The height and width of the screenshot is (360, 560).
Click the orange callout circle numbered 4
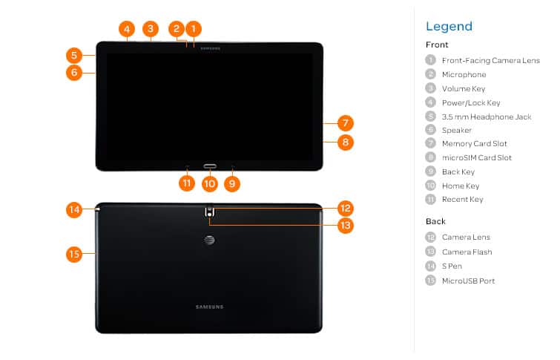click(127, 29)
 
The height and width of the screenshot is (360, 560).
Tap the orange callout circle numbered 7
click(346, 123)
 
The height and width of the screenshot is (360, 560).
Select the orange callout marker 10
click(210, 184)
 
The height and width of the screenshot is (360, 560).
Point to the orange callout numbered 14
click(74, 209)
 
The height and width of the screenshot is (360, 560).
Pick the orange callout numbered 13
click(346, 226)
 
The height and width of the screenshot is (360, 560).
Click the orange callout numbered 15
click(74, 254)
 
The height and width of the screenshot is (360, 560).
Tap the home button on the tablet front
click(210, 166)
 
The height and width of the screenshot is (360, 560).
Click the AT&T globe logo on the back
click(209, 240)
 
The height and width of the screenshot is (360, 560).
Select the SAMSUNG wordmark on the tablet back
click(209, 307)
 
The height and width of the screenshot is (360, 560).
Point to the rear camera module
click(210, 212)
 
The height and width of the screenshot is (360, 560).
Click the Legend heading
click(449, 26)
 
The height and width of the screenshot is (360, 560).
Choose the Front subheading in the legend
click(437, 45)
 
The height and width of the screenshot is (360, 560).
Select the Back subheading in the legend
click(435, 221)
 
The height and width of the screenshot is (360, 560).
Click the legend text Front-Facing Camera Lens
click(491, 60)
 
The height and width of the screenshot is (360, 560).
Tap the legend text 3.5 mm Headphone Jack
click(487, 117)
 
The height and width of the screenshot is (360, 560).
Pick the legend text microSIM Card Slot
click(477, 157)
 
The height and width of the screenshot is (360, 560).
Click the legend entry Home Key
click(461, 186)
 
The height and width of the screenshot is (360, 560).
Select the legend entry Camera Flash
click(467, 252)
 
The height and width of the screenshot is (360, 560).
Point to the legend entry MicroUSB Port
click(468, 281)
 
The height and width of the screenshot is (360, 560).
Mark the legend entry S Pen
click(452, 266)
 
